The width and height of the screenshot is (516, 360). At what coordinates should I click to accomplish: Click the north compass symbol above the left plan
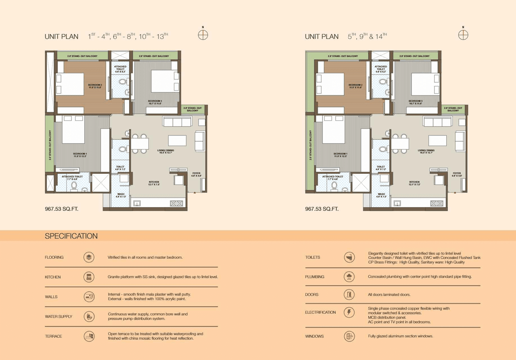pyautogui.click(x=203, y=35)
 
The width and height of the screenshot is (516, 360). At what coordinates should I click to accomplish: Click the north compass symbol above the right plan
pyautogui.click(x=463, y=35)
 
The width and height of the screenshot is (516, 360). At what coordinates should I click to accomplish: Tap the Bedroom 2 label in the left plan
pyautogui.click(x=95, y=86)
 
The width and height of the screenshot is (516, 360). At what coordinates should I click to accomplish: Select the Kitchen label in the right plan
pyautogui.click(x=414, y=183)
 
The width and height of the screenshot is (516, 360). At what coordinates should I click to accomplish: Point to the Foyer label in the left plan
pyautogui.click(x=196, y=175)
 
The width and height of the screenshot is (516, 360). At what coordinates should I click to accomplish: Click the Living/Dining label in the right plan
pyautogui.click(x=426, y=152)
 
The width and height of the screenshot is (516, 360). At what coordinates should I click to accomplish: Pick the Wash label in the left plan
pyautogui.click(x=121, y=195)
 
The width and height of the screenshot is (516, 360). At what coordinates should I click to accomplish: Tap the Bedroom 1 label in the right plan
pyautogui.click(x=340, y=155)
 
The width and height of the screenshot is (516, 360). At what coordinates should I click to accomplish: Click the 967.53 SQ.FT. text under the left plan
pyautogui.click(x=62, y=209)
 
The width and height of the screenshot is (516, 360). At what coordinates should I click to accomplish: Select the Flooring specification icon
pyautogui.click(x=89, y=257)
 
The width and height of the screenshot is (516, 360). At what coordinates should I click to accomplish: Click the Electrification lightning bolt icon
pyautogui.click(x=349, y=312)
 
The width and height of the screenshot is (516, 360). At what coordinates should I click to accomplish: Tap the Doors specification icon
pyautogui.click(x=349, y=295)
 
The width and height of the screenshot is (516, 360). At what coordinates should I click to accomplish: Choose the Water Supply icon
pyautogui.click(x=89, y=316)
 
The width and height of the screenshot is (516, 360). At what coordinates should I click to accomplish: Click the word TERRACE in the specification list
pyautogui.click(x=54, y=336)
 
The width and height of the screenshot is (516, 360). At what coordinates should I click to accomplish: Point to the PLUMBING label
pyautogui.click(x=315, y=277)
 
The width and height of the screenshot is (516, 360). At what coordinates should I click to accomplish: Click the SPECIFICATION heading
pyautogui.click(x=71, y=236)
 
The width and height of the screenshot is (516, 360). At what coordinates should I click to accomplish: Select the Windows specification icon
pyautogui.click(x=349, y=336)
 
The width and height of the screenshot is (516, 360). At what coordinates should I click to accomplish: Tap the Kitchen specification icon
pyautogui.click(x=89, y=277)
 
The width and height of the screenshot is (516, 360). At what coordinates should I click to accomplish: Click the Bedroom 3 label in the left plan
pyautogui.click(x=155, y=102)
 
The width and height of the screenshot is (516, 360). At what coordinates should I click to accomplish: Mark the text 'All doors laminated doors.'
pyautogui.click(x=389, y=295)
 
